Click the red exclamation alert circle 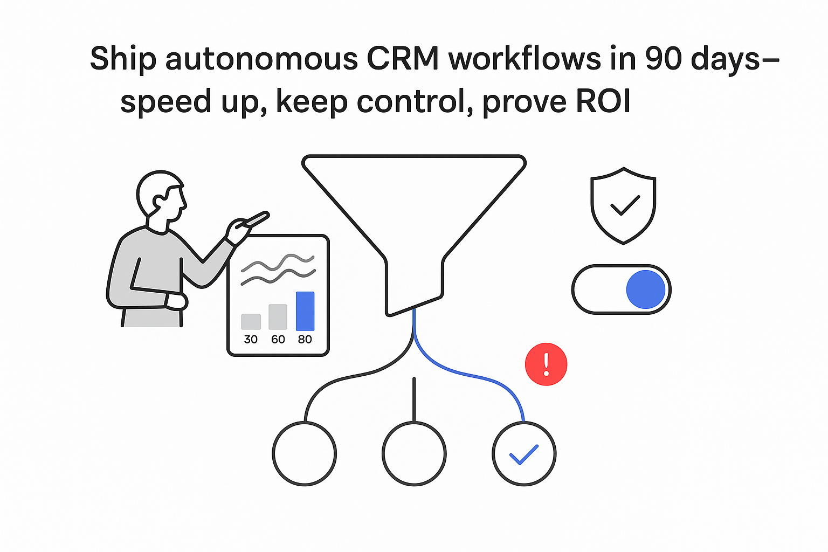coord(546,364)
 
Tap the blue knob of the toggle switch coord(645,289)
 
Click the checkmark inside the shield coord(624,205)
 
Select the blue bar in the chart coord(305,311)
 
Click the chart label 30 coord(251,339)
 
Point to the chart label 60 coord(278,339)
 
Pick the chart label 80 coord(305,339)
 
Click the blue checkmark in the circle coord(524,454)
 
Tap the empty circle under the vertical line coord(414,454)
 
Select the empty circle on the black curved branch coord(305,454)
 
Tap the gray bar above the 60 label coord(278,317)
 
